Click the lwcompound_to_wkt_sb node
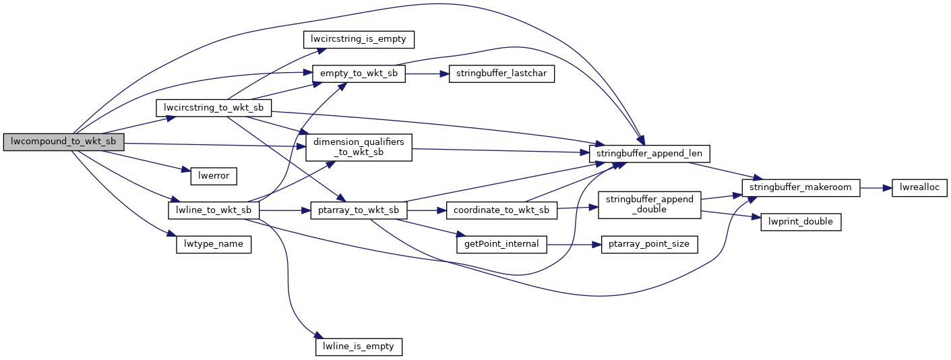coord(64,142)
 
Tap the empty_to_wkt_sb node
coord(359,73)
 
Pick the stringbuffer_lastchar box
coord(501,74)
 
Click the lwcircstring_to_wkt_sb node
coord(213,108)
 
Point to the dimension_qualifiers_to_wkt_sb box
coord(359,148)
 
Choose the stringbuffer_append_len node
coord(650,154)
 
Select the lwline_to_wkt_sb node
coord(213,210)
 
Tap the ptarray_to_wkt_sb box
coord(359,210)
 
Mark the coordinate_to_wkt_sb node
coord(501,210)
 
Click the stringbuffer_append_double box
coord(650,205)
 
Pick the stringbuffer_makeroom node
coord(801,187)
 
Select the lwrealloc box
coord(920,187)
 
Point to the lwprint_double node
coord(801,222)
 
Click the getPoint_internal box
coord(501,244)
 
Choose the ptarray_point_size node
coord(650,244)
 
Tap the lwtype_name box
coord(213,244)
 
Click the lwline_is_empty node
coord(359,347)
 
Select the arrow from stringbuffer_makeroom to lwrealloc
coord(876,187)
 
